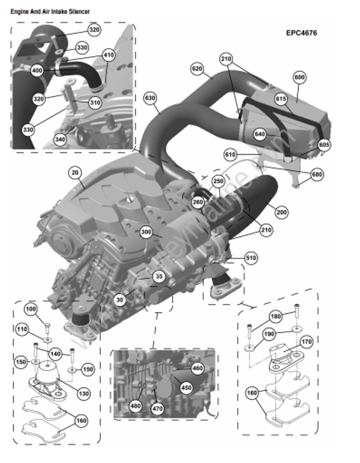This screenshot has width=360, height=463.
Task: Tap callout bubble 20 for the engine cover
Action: point(74,173)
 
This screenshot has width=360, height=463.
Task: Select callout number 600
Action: point(299,77)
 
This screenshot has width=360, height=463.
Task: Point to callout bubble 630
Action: point(151,97)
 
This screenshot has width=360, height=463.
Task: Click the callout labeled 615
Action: point(281,98)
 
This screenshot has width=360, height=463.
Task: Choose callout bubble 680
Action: point(317,175)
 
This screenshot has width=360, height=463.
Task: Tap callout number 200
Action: point(281,212)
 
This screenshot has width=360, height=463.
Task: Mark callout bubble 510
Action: point(250,258)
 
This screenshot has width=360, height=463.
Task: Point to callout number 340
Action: point(59,140)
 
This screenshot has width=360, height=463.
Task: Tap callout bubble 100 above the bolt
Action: point(31,308)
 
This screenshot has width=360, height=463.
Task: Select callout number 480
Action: point(135,405)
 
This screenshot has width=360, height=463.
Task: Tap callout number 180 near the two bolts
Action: point(275,316)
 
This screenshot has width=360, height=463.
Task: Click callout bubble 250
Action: point(218,181)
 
